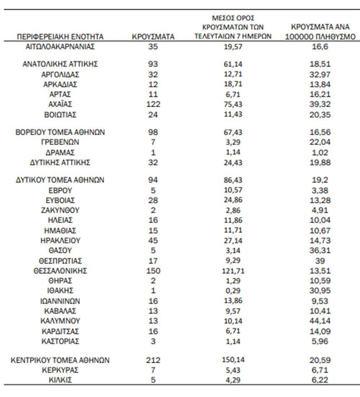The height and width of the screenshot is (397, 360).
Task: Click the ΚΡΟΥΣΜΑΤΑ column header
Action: click(153, 37)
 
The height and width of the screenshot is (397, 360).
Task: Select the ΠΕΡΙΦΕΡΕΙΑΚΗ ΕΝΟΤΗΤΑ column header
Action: click(60, 37)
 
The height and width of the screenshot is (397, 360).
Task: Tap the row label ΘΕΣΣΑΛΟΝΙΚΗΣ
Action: click(60, 271)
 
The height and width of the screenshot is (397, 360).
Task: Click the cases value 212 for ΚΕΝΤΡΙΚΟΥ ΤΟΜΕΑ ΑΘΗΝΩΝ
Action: click(153, 360)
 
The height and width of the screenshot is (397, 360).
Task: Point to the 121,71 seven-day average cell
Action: click(233, 271)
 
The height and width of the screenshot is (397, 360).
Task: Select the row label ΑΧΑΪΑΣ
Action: click(60, 104)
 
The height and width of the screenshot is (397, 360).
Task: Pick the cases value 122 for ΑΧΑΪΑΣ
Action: click(153, 104)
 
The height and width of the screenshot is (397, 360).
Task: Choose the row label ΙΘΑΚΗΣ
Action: click(60, 290)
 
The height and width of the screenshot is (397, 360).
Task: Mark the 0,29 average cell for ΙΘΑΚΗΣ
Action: click(233, 290)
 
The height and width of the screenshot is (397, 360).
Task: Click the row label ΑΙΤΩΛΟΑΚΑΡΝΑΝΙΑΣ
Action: click(60, 46)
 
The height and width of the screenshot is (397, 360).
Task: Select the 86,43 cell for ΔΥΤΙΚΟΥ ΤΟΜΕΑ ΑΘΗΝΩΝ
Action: click(233, 180)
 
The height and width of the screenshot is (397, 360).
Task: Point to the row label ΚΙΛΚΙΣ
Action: click(60, 380)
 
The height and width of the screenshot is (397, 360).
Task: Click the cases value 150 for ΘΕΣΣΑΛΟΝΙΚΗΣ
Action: click(153, 271)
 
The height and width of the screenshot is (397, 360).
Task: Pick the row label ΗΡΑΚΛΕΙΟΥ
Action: click(60, 240)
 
